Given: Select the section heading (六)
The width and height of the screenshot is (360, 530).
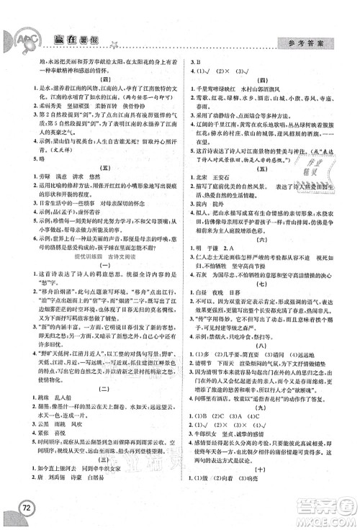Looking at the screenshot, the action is click(268, 243).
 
